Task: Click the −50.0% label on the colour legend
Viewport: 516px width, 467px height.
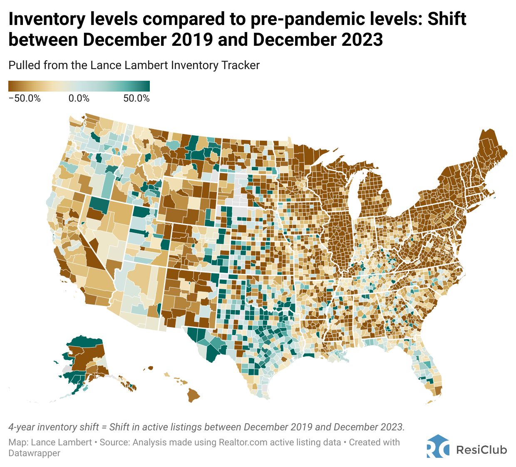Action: tap(25, 99)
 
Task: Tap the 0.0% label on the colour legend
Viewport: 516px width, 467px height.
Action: tap(79, 99)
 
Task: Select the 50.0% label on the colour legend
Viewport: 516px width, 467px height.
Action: tap(136, 99)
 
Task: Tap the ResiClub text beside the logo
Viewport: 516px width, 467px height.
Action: tap(481, 450)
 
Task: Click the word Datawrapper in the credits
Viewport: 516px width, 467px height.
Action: tap(34, 453)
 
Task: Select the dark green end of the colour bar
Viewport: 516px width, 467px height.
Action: tap(146, 86)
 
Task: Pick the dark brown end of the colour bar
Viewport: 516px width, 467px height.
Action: tap(12, 86)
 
